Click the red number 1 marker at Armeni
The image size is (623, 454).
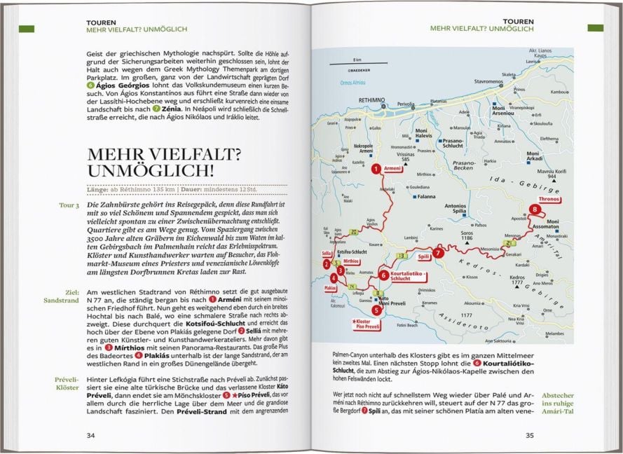tap(376, 168)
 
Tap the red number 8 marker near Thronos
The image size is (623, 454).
tap(535, 209)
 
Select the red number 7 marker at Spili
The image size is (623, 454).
tap(437, 253)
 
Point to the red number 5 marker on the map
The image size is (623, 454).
tap(376, 309)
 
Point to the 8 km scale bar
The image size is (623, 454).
tap(357, 64)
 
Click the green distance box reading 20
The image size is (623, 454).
tap(355, 231)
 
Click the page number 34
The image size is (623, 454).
tap(90, 435)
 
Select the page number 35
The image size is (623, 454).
tap(529, 435)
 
